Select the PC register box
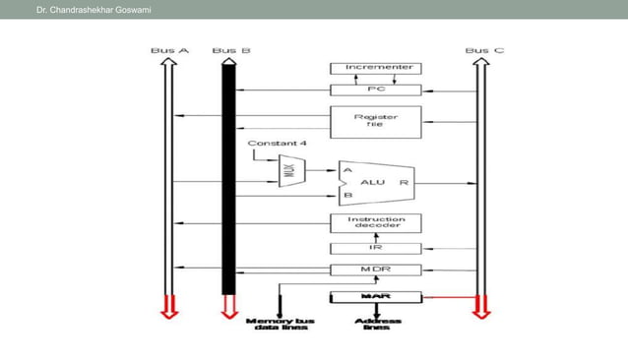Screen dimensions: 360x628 (x=375, y=89)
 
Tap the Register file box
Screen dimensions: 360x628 (x=375, y=121)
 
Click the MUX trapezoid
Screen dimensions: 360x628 (x=291, y=169)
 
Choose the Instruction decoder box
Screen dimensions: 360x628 (x=375, y=224)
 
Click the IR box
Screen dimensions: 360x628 (x=375, y=248)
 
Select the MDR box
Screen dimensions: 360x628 (x=375, y=270)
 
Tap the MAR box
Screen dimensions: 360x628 (x=375, y=295)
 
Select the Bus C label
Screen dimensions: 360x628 (x=484, y=49)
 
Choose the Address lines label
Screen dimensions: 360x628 (x=376, y=323)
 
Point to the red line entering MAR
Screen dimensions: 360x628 (x=448, y=295)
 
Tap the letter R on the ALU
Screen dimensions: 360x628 (x=405, y=183)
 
